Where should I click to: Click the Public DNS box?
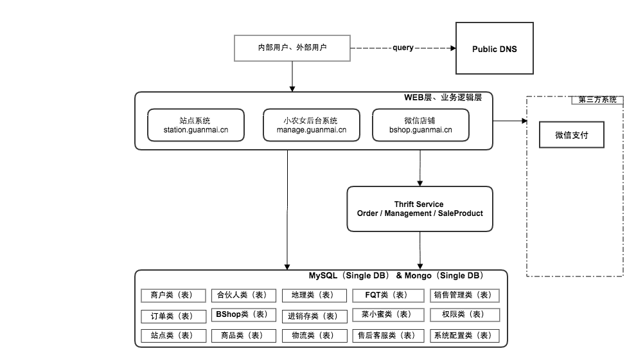coord(494,49)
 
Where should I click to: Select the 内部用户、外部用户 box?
coord(292,48)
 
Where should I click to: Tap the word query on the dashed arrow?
coord(403,48)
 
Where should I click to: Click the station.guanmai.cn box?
coord(196,125)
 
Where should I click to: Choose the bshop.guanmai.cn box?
coord(420,125)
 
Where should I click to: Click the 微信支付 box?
coord(571,136)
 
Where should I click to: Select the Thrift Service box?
coord(420,209)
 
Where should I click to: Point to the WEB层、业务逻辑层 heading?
coord(443,98)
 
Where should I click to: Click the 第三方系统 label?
coord(597,100)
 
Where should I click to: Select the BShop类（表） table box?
coord(242,315)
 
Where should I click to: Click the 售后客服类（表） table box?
coord(385,336)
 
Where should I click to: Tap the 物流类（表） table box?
coord(312,336)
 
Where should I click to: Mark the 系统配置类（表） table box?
coord(463,336)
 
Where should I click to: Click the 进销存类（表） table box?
coord(312,316)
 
